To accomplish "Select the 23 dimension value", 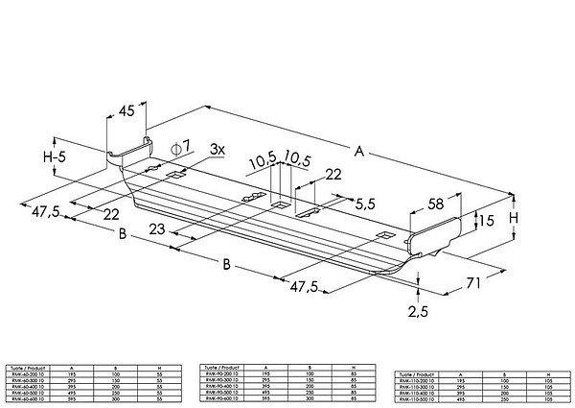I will [157, 229].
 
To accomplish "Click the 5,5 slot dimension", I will [364, 204].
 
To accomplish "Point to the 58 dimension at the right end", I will [434, 203].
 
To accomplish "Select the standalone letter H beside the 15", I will [515, 218].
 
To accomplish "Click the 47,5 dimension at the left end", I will [46, 211].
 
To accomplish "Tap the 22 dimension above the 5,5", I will [333, 174].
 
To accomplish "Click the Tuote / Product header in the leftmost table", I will [27, 368].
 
